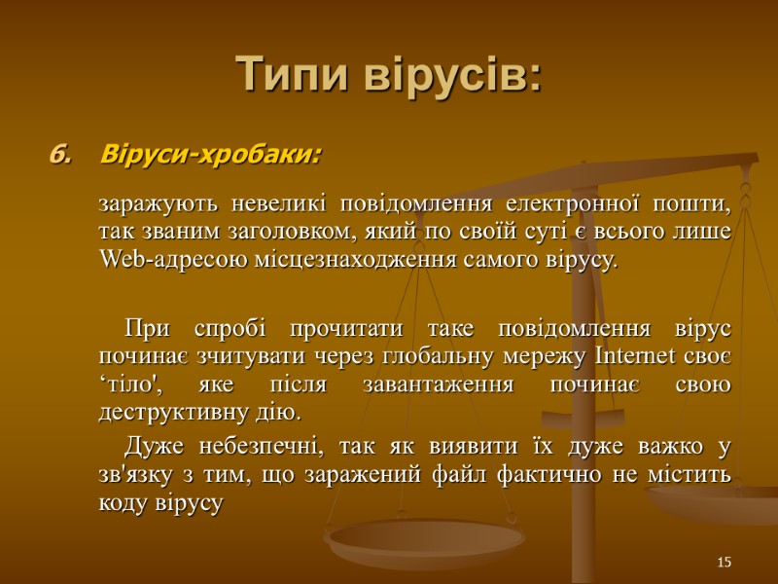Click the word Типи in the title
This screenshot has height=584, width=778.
point(293,75)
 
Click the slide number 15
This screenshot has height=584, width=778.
point(723,563)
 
